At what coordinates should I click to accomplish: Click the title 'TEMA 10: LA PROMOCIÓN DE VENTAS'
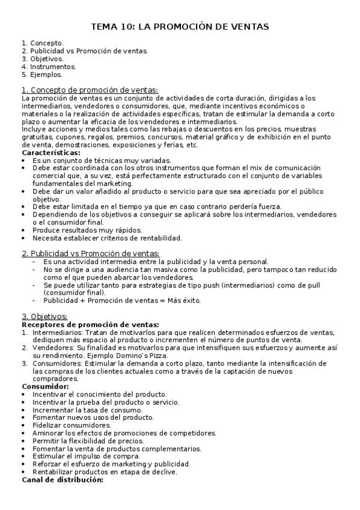pos(180,27)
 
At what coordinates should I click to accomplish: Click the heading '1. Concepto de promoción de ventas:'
pos(90,90)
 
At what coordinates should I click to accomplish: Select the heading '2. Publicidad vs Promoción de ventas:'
pos(91,254)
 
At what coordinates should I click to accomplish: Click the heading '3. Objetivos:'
pos(44,316)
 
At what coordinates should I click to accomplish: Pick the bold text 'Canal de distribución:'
pos(63,480)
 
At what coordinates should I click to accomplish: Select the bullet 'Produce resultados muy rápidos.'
pos(87,230)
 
